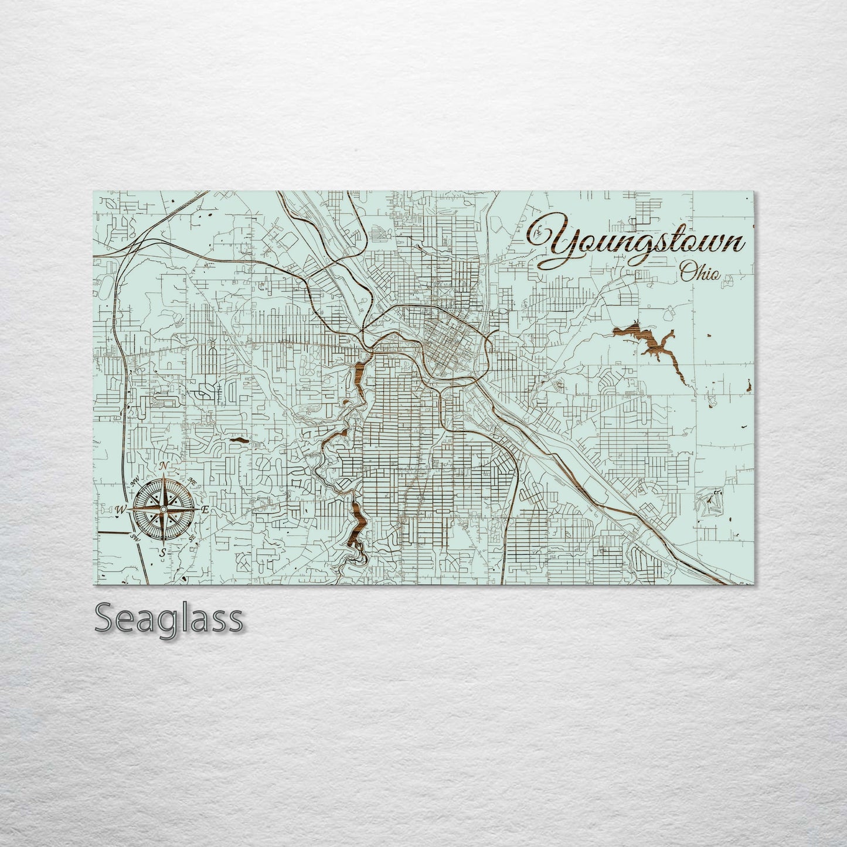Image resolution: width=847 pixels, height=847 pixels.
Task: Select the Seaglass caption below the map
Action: tap(168, 618)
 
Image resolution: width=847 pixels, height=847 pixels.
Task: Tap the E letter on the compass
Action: tap(205, 510)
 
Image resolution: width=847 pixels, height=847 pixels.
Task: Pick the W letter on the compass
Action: tap(120, 509)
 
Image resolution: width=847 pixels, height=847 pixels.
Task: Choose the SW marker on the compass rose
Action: tap(135, 537)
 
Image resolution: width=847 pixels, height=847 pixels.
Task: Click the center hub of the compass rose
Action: tap(164, 509)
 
